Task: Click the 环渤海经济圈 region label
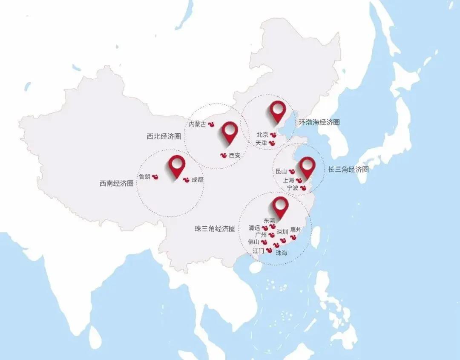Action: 319,122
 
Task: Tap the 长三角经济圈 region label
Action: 348,169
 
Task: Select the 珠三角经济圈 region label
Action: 215,228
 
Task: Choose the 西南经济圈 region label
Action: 116,184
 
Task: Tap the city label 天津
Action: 261,143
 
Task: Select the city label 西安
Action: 235,156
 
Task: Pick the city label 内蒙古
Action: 197,124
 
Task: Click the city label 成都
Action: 198,180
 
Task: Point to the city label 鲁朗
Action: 144,176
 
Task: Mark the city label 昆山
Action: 281,171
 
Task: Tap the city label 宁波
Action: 293,187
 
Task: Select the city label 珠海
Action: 282,253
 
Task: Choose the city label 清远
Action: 254,228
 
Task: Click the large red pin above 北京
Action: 278,111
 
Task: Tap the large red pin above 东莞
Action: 280,206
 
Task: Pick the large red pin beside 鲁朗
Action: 177,165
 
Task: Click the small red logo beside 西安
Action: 223,156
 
